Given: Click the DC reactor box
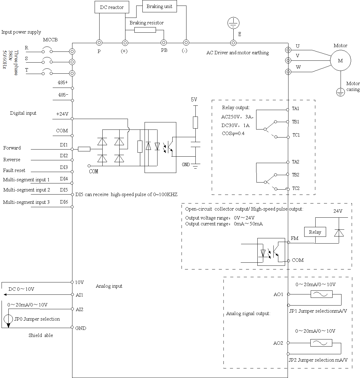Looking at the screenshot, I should coord(112,7).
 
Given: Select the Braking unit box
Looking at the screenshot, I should coord(159,6).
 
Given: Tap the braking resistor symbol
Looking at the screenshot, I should coord(145,30).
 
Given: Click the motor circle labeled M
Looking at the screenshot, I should coord(340,60).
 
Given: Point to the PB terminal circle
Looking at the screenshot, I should coord(164,43).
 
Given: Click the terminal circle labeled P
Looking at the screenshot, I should coord(99,43).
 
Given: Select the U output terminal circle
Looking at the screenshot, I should coord(288,50).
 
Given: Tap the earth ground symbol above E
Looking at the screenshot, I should coord(233,23).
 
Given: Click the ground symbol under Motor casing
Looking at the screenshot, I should coord(340,92).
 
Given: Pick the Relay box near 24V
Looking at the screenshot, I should coord(315,232).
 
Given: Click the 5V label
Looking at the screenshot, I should coord(194,100).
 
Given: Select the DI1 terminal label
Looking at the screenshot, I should coord(64,145).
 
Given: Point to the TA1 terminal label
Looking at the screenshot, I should coord(296,109).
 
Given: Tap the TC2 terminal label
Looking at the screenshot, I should coord(296,188).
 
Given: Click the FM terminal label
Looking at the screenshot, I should coord(295,238).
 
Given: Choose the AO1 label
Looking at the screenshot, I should coord(278,294).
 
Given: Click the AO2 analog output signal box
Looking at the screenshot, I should coord(321,343).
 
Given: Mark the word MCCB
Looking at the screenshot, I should coord(50,40).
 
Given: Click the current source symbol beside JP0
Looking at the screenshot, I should coord(8,319).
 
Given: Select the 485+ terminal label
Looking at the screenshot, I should coord(63,83).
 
